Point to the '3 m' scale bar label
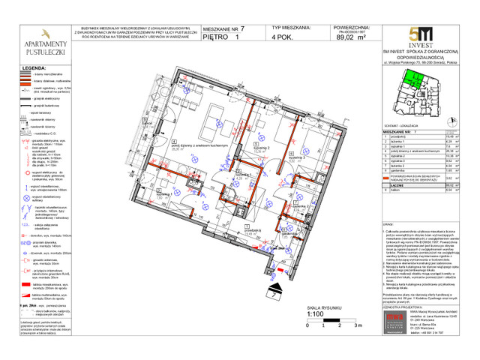coord(359,325)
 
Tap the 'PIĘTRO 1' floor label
coord(226,36)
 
